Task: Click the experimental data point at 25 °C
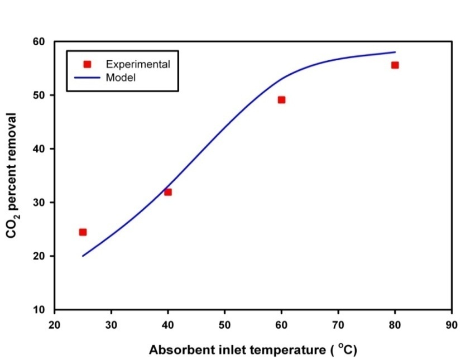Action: [x=83, y=232]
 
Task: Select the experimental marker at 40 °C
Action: [x=168, y=192]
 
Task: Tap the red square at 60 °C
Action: [x=281, y=100]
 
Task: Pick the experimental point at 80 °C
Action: [x=395, y=65]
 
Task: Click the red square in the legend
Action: [x=87, y=64]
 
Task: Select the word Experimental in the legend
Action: [x=138, y=64]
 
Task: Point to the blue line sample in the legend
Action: [x=87, y=78]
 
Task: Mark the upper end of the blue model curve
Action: [x=395, y=52]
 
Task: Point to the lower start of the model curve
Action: [x=83, y=256]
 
